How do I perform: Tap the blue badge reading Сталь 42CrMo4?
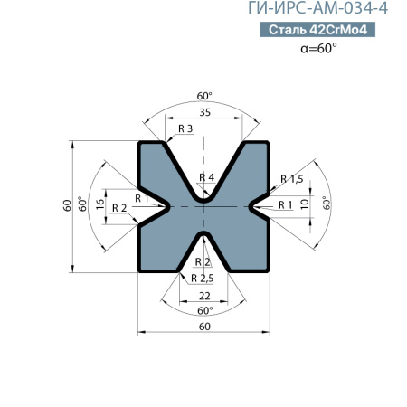pyautogui.click(x=322, y=30)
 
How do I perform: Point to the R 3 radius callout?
pyautogui.click(x=185, y=129)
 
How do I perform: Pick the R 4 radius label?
pyautogui.click(x=206, y=176)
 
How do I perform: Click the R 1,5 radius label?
pyautogui.click(x=291, y=178)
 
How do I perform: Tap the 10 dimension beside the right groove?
pyautogui.click(x=305, y=204)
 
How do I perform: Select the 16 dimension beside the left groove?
pyautogui.click(x=100, y=204)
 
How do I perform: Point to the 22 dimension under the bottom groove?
pyautogui.click(x=204, y=296)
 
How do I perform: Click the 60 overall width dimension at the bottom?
pyautogui.click(x=204, y=326)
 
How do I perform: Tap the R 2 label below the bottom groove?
pyautogui.click(x=203, y=262)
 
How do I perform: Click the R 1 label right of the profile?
pyautogui.click(x=285, y=204)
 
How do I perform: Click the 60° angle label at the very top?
pyautogui.click(x=204, y=95)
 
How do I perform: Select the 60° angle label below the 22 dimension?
pyautogui.click(x=204, y=310)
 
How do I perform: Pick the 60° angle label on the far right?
pyautogui.click(x=326, y=204)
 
